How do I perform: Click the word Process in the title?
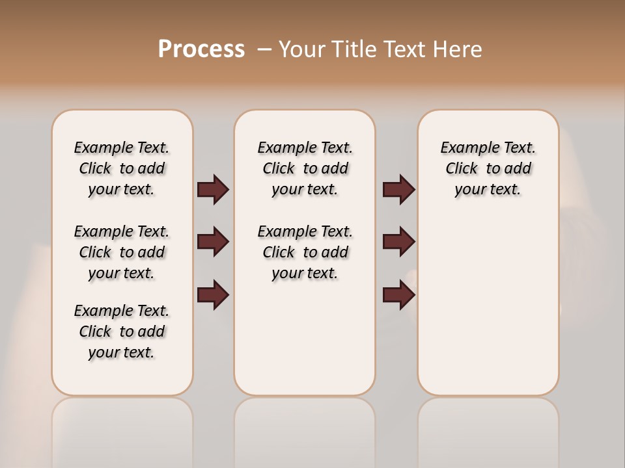201,49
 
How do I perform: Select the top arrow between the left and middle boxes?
213,190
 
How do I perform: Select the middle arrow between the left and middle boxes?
213,242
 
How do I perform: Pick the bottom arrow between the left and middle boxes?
213,295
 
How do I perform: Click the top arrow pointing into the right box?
398,190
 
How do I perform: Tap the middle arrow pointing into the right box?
398,242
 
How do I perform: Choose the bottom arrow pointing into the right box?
398,295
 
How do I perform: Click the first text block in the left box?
122,168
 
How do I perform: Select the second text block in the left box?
122,252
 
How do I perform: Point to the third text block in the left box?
122,331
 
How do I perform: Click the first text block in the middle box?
305,168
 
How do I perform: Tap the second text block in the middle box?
305,252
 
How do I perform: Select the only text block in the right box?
488,168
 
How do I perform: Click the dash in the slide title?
264,49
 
